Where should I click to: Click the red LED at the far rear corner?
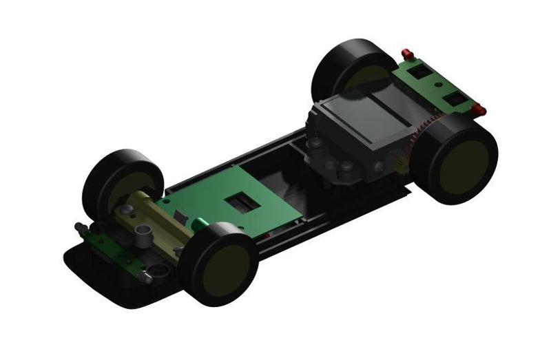click(x=407, y=52)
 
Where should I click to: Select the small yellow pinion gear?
click(x=401, y=163)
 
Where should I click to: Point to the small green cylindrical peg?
click(x=198, y=223)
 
